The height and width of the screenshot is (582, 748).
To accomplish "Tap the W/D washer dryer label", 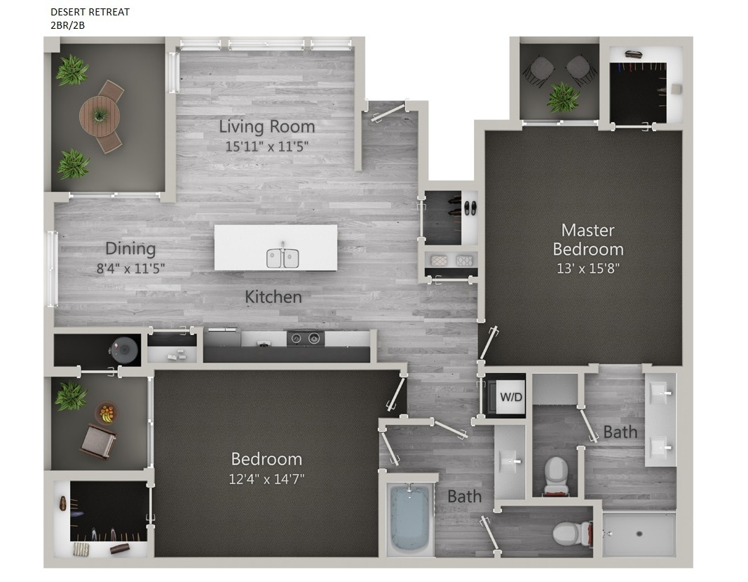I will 510,397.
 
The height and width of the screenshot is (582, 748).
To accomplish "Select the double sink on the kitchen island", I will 283,258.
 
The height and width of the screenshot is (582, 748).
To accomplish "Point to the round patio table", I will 100,116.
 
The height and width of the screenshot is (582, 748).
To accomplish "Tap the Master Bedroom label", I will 587,239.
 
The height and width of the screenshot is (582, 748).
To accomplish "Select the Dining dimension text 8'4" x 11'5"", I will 130,268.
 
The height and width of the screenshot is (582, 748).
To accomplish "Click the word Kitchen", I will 273,297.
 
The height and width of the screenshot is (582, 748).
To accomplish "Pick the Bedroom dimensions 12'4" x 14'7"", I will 267,479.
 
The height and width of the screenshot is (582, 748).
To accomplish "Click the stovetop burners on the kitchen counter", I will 305,338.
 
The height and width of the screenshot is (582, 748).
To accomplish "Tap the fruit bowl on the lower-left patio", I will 107,413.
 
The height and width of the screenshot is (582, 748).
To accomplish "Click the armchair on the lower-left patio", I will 97,442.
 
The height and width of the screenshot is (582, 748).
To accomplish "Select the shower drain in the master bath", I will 639,534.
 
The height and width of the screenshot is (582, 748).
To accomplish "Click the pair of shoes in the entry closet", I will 467,208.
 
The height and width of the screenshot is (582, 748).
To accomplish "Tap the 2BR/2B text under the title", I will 67,25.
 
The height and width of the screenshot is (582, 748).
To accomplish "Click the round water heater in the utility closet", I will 124,350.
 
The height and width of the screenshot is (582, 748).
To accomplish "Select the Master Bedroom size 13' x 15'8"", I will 587,267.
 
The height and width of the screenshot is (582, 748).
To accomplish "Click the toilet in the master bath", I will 556,475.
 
